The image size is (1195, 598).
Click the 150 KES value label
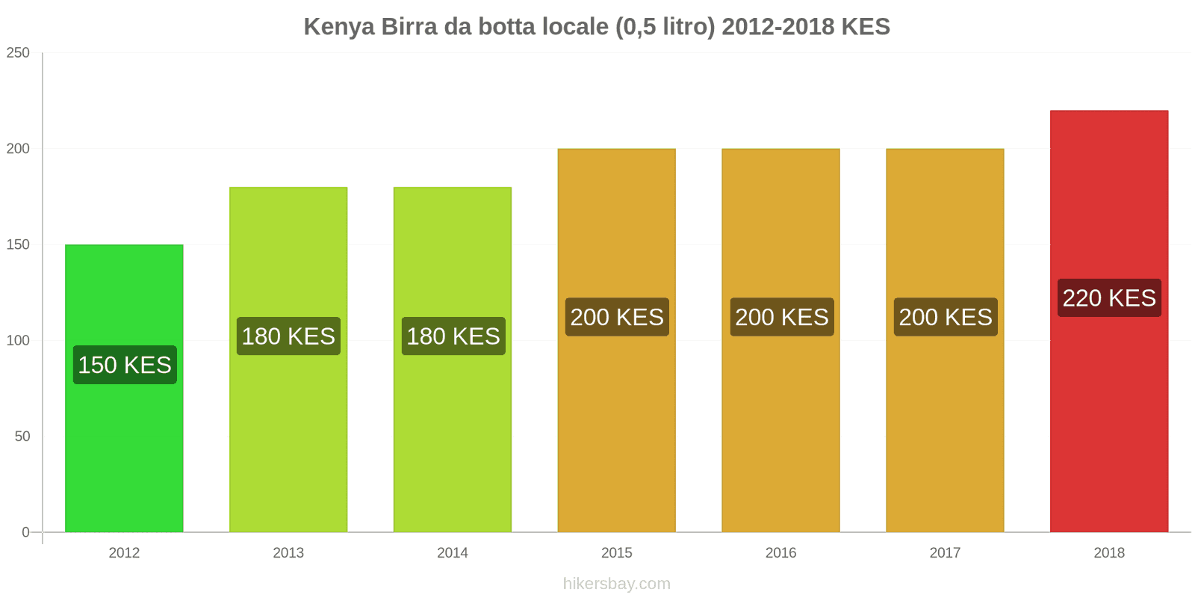point(125,365)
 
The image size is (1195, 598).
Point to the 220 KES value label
point(1109,298)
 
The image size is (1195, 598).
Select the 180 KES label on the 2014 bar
point(453,336)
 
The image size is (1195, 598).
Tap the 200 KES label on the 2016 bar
point(781,317)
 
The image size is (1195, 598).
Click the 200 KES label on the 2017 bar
point(946,317)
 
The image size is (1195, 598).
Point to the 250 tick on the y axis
point(18,53)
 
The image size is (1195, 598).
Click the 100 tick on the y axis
point(18,341)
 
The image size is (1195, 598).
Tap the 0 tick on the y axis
point(25,532)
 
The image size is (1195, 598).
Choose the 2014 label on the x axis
point(453,553)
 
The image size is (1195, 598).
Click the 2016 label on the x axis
point(780,553)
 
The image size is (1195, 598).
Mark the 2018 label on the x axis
point(1109,553)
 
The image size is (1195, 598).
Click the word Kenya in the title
point(339,27)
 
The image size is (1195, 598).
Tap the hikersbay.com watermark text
point(616,584)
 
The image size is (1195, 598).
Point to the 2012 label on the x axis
point(124,553)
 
